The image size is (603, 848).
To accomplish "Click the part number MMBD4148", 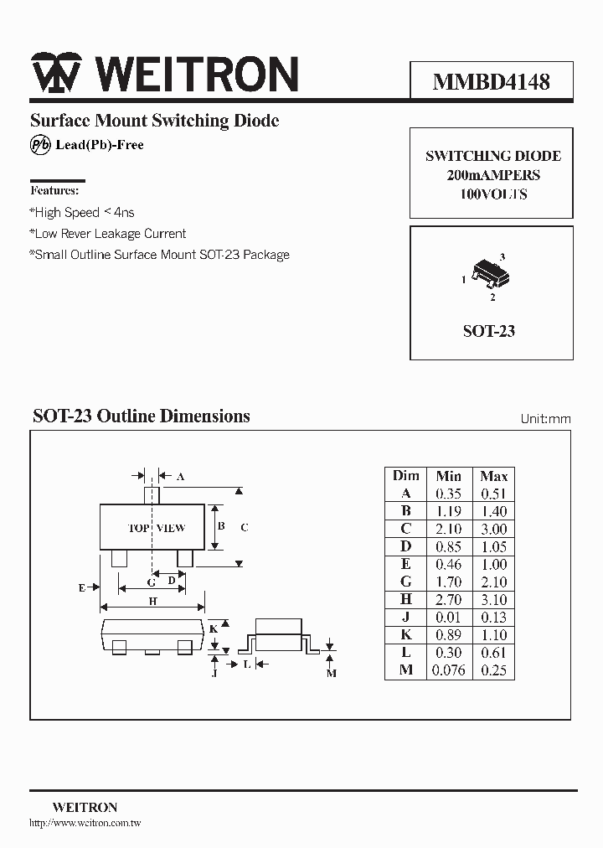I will pos(491,81).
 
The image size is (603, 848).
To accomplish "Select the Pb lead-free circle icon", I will pos(40,145).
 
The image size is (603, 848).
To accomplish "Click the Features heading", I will pos(54,191).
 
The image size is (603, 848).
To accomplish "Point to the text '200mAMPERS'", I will pos(492,175).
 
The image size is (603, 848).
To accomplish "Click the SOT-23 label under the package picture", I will pos(489,331).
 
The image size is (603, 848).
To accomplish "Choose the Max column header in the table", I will pos(494,476).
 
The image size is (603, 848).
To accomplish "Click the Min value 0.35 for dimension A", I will pos(449,494).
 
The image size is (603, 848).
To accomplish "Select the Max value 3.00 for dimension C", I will pos(494,529).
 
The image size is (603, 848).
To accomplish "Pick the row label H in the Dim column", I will pos(406,599).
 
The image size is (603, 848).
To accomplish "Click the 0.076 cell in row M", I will pos(448,670).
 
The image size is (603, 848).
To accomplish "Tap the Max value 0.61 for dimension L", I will pos(494,653).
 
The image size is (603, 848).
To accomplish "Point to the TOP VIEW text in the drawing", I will pos(157,528).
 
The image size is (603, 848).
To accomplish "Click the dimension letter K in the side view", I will pos(214,628).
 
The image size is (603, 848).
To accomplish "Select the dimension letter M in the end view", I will pos(331,673).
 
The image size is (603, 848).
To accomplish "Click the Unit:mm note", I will pos(545,418).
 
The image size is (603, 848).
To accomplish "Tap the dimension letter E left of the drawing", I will pos(82,587).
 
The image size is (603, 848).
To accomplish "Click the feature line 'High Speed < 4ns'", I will pos(82,213).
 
